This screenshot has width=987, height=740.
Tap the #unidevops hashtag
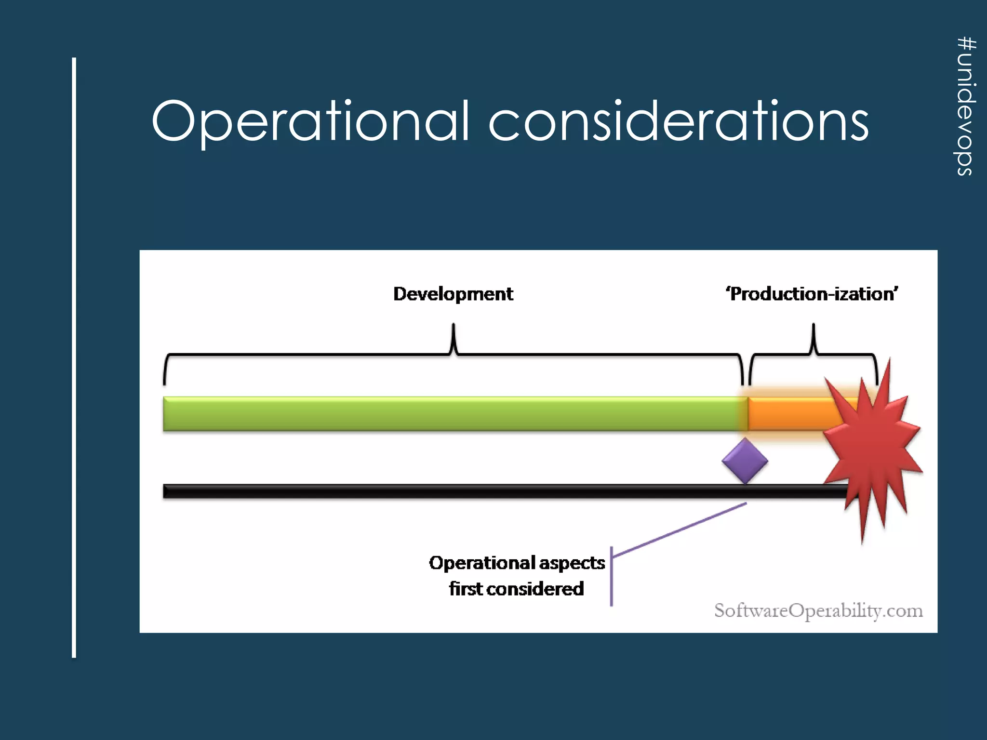coord(966,106)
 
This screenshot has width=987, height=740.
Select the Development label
coord(453,294)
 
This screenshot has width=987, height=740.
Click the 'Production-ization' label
coord(812,294)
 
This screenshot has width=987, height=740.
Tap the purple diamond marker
coord(745,461)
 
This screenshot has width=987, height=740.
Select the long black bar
coord(482,491)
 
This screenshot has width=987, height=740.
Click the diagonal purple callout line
coord(680,530)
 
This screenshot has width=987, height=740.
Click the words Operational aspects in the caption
coord(517,563)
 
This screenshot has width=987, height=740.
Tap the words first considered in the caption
coord(517,589)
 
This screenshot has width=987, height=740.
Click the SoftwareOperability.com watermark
coord(818,610)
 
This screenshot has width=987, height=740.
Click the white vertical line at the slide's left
coord(74,357)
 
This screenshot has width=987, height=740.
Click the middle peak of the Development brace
coord(453,332)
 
